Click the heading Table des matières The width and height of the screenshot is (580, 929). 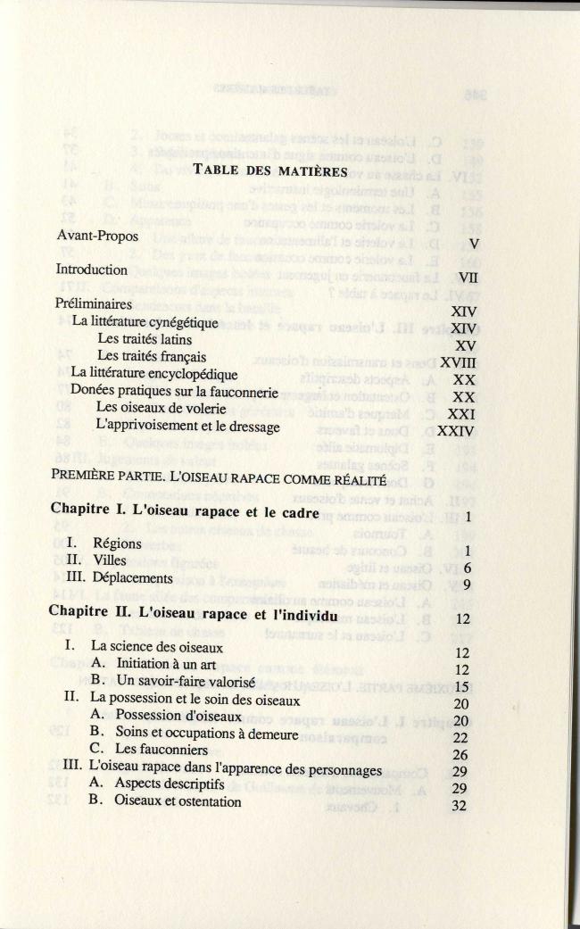tap(271, 196)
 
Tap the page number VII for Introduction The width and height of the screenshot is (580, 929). tap(468, 278)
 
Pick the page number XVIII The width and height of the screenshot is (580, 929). tap(460, 362)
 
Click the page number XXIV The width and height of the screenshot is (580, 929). tap(459, 431)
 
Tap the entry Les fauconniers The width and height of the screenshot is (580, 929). tap(162, 751)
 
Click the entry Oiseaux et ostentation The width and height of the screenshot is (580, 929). tap(178, 801)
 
